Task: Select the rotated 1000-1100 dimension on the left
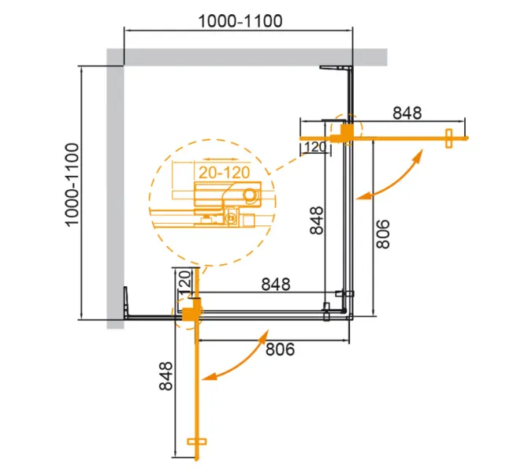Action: click(73, 185)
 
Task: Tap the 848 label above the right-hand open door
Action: click(407, 113)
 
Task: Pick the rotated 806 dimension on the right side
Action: click(383, 233)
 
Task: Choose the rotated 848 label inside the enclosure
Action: click(315, 222)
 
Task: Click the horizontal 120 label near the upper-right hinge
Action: click(314, 147)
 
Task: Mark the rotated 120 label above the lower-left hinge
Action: click(184, 281)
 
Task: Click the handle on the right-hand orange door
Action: click(449, 138)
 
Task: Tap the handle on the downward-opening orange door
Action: click(196, 449)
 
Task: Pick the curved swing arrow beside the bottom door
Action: click(238, 359)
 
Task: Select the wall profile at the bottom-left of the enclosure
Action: click(126, 304)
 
